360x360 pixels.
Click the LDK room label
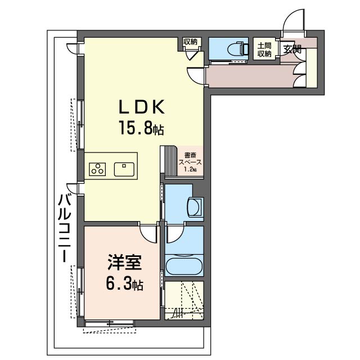[141, 107]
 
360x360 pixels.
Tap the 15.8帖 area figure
[141, 128]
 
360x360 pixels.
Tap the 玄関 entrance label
[292, 49]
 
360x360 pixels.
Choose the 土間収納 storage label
[264, 49]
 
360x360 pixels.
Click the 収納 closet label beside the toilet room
[190, 42]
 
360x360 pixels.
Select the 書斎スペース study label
[190, 159]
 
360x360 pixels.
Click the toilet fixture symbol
[238, 48]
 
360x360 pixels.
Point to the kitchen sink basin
[124, 169]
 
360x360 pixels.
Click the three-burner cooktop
[97, 169]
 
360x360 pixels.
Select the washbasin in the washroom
[195, 206]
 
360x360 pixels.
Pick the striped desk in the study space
[169, 161]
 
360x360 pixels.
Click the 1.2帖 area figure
[191, 170]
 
